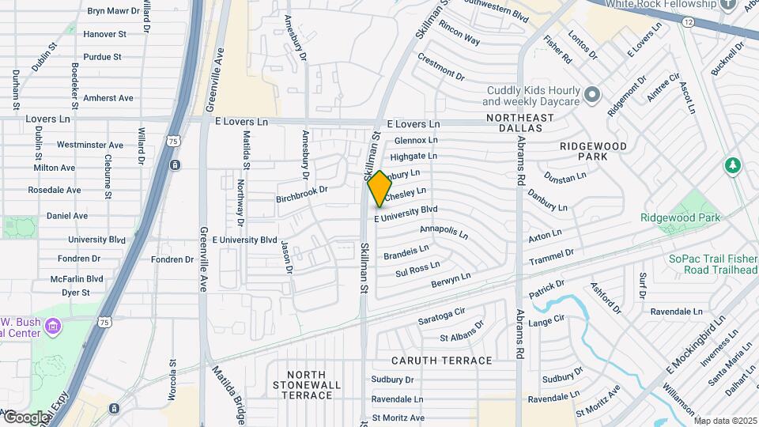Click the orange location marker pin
click(379, 188)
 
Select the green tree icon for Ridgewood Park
click(732, 166)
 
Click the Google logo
click(25, 417)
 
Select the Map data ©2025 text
click(725, 421)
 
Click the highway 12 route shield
click(689, 22)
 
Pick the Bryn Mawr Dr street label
click(112, 11)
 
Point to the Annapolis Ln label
click(444, 232)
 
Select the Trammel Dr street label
click(551, 257)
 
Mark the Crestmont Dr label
click(441, 67)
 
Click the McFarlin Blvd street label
click(77, 278)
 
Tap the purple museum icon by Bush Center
click(53, 326)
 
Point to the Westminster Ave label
click(90, 145)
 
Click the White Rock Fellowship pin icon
click(729, 5)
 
